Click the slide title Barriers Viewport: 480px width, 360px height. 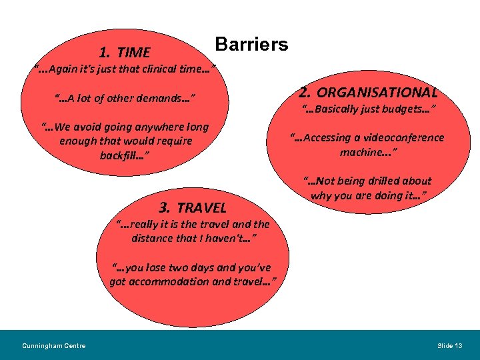click(x=251, y=45)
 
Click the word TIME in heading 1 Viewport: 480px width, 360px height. click(x=133, y=53)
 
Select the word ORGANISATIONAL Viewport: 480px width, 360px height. click(x=377, y=93)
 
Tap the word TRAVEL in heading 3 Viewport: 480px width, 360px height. click(x=201, y=208)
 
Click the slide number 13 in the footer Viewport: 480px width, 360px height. click(x=457, y=345)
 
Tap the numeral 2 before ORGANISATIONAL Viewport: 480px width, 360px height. click(x=304, y=92)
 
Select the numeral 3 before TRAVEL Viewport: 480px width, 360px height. click(x=165, y=207)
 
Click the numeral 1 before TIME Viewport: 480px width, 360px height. click(x=104, y=53)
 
